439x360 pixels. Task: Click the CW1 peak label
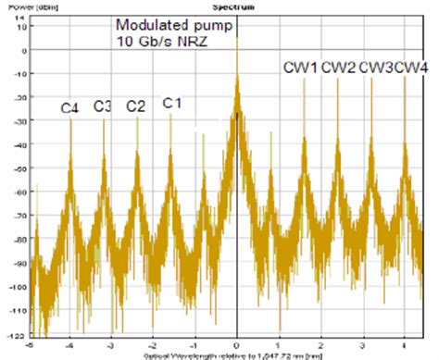click(x=301, y=68)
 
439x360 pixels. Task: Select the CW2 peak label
click(x=338, y=68)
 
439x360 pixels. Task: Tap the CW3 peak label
click(x=375, y=68)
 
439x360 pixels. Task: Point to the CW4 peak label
click(x=410, y=68)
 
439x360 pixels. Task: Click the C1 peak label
click(x=171, y=103)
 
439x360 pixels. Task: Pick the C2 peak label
click(x=135, y=106)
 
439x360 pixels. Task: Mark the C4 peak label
click(x=70, y=108)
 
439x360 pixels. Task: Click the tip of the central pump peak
click(x=237, y=37)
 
